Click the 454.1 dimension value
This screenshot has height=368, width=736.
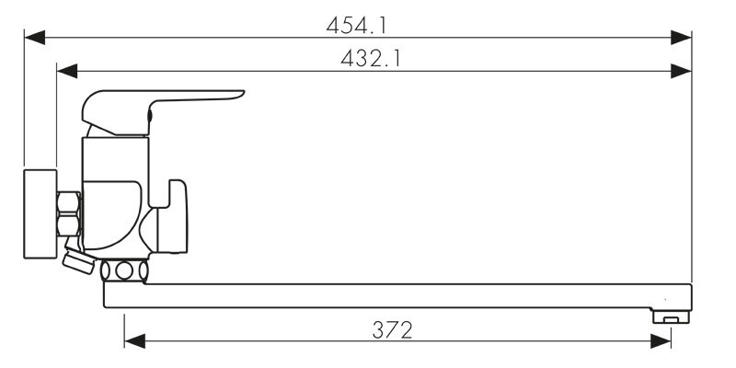click(357, 26)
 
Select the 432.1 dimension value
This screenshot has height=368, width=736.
click(371, 59)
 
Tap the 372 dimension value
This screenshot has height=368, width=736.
click(393, 330)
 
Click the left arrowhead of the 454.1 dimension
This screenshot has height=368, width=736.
click(34, 38)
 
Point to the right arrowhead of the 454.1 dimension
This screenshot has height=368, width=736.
click(681, 38)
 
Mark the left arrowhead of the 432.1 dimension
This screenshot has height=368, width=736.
click(66, 72)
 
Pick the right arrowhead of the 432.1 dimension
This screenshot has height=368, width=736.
click(681, 72)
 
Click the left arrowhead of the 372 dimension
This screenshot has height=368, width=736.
click(134, 341)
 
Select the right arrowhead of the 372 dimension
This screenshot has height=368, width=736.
click(661, 341)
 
